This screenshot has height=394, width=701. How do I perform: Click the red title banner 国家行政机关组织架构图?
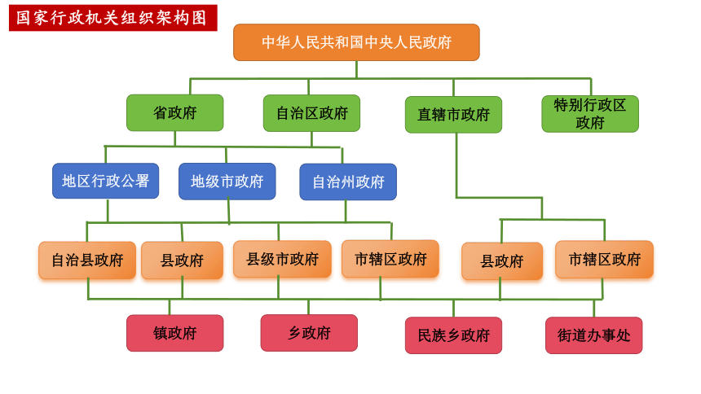[x=113, y=18]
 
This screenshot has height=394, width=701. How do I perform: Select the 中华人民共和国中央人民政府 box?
[x=356, y=42]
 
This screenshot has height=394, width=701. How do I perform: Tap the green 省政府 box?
[x=174, y=112]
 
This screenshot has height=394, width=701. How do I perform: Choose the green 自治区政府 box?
[x=311, y=113]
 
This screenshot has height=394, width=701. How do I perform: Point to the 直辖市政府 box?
[x=453, y=115]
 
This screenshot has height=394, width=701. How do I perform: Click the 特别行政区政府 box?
[x=590, y=114]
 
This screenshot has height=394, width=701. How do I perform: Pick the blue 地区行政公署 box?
[x=105, y=181]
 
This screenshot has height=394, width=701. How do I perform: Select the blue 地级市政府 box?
[x=227, y=182]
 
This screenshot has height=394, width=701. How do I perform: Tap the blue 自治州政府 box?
[x=348, y=182]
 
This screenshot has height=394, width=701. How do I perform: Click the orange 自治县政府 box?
[x=87, y=260]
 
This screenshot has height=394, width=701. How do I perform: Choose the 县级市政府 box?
[x=282, y=259]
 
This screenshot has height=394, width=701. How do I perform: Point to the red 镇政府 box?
[x=174, y=333]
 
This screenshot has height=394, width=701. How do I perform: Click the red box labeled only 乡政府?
[x=309, y=333]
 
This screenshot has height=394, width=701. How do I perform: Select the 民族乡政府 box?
[x=453, y=335]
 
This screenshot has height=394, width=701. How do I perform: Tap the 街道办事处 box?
[x=593, y=335]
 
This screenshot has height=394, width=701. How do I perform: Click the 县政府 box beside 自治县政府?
[x=182, y=260]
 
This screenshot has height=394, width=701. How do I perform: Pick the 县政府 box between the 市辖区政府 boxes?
[x=502, y=261]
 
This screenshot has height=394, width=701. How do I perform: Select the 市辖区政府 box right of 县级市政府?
[x=390, y=259]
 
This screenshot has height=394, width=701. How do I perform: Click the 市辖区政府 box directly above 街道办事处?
[x=605, y=260]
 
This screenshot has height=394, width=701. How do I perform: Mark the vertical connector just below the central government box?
[x=356, y=70]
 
